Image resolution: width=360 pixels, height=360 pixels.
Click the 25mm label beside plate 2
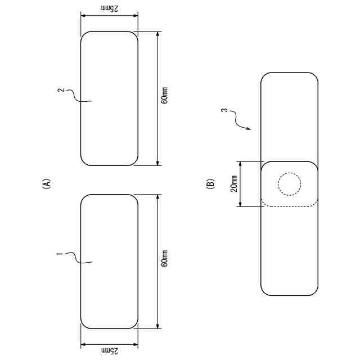click(x=110, y=8)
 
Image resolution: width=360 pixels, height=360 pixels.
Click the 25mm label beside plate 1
click(x=110, y=350)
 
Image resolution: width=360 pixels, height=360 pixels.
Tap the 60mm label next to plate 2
click(x=164, y=95)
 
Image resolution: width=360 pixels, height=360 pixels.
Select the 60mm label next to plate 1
click(x=164, y=258)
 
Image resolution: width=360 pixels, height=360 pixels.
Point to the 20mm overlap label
click(x=234, y=184)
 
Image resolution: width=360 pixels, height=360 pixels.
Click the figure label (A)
click(x=46, y=184)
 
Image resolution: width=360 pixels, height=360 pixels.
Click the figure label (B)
click(x=210, y=184)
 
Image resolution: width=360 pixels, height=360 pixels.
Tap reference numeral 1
click(x=59, y=254)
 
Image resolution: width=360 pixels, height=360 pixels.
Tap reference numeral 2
click(x=61, y=90)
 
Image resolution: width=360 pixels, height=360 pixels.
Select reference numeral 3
click(x=225, y=110)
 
